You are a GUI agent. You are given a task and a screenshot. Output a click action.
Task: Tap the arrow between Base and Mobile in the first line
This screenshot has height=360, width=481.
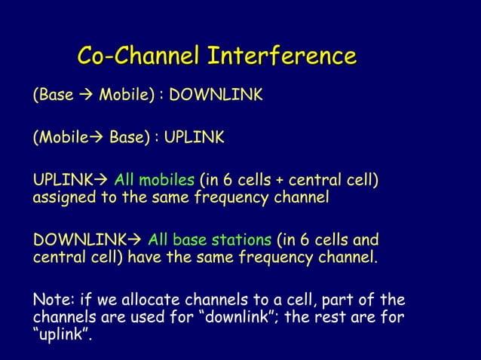(x=86, y=96)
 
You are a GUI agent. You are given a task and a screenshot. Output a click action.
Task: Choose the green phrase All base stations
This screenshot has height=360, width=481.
(x=210, y=241)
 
